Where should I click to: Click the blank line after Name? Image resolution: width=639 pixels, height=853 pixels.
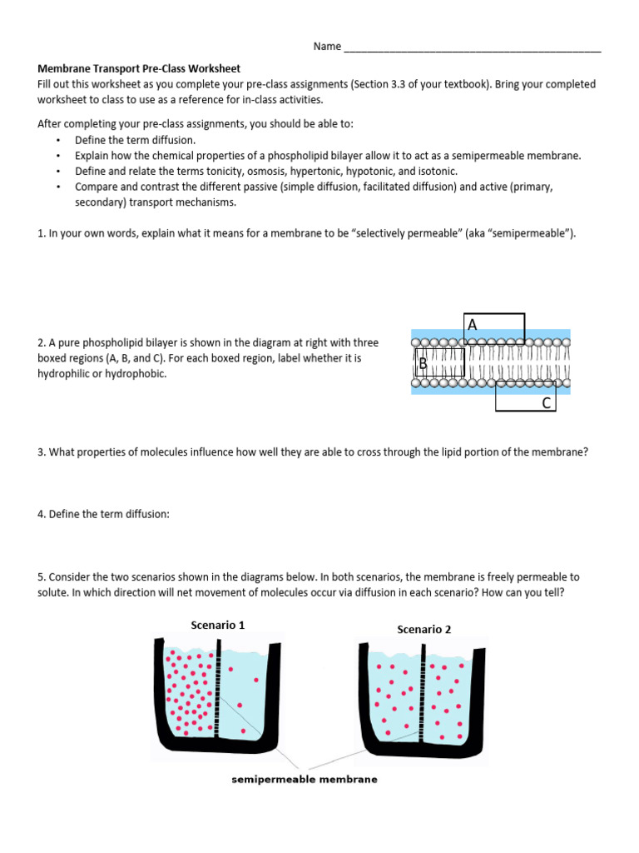(x=472, y=47)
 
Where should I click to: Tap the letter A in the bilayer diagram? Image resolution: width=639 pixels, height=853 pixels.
(x=473, y=325)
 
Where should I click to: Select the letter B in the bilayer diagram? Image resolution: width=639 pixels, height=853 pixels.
(x=423, y=363)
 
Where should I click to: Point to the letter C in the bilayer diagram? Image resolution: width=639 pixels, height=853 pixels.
(x=546, y=403)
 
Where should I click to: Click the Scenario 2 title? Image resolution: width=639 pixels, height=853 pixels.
(x=424, y=629)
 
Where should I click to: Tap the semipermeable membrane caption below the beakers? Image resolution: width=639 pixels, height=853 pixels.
(x=304, y=780)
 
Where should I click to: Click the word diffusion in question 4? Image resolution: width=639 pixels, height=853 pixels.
(x=146, y=514)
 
